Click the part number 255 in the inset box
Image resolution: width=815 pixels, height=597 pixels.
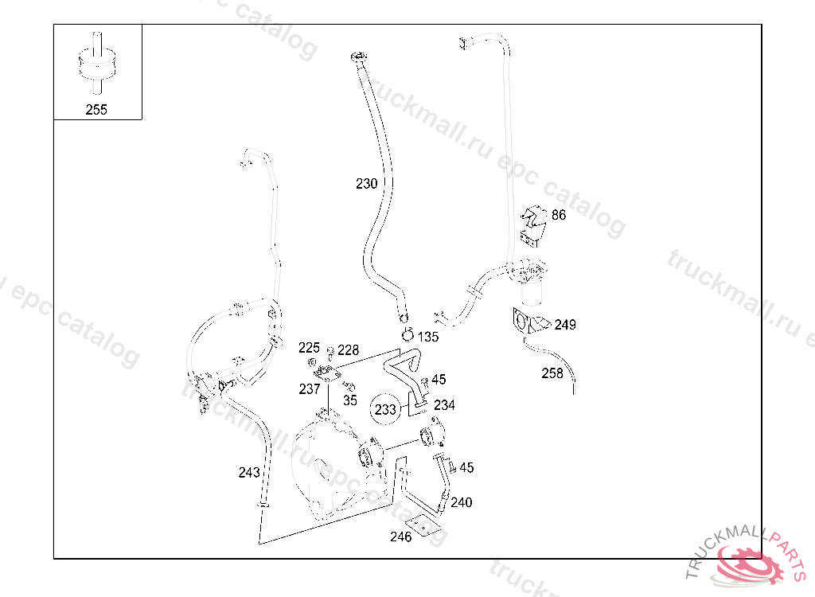tap(96, 110)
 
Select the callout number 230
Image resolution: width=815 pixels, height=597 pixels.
tap(366, 184)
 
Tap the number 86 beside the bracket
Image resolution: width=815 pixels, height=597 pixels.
tap(559, 215)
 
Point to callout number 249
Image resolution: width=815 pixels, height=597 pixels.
tap(565, 325)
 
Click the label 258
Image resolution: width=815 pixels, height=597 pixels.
tap(552, 373)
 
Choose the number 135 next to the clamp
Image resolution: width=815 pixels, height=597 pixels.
tap(428, 337)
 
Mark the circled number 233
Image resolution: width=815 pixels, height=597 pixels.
tap(385, 409)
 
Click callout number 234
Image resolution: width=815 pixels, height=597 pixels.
tap(444, 405)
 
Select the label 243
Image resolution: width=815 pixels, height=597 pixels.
tap(249, 472)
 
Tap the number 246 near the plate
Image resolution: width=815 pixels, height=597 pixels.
tap(401, 537)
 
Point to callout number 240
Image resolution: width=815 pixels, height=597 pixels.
tap(462, 502)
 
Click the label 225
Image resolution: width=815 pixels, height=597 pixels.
tap(309, 347)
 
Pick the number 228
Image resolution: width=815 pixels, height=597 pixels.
tap(349, 350)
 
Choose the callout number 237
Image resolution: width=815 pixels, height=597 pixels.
tap(310, 389)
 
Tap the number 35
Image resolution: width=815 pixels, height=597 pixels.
tap(350, 400)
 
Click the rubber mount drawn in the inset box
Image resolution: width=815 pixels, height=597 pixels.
tap(96, 64)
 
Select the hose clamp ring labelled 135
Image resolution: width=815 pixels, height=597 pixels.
tap(407, 335)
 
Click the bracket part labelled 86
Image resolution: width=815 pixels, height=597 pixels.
tap(533, 224)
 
